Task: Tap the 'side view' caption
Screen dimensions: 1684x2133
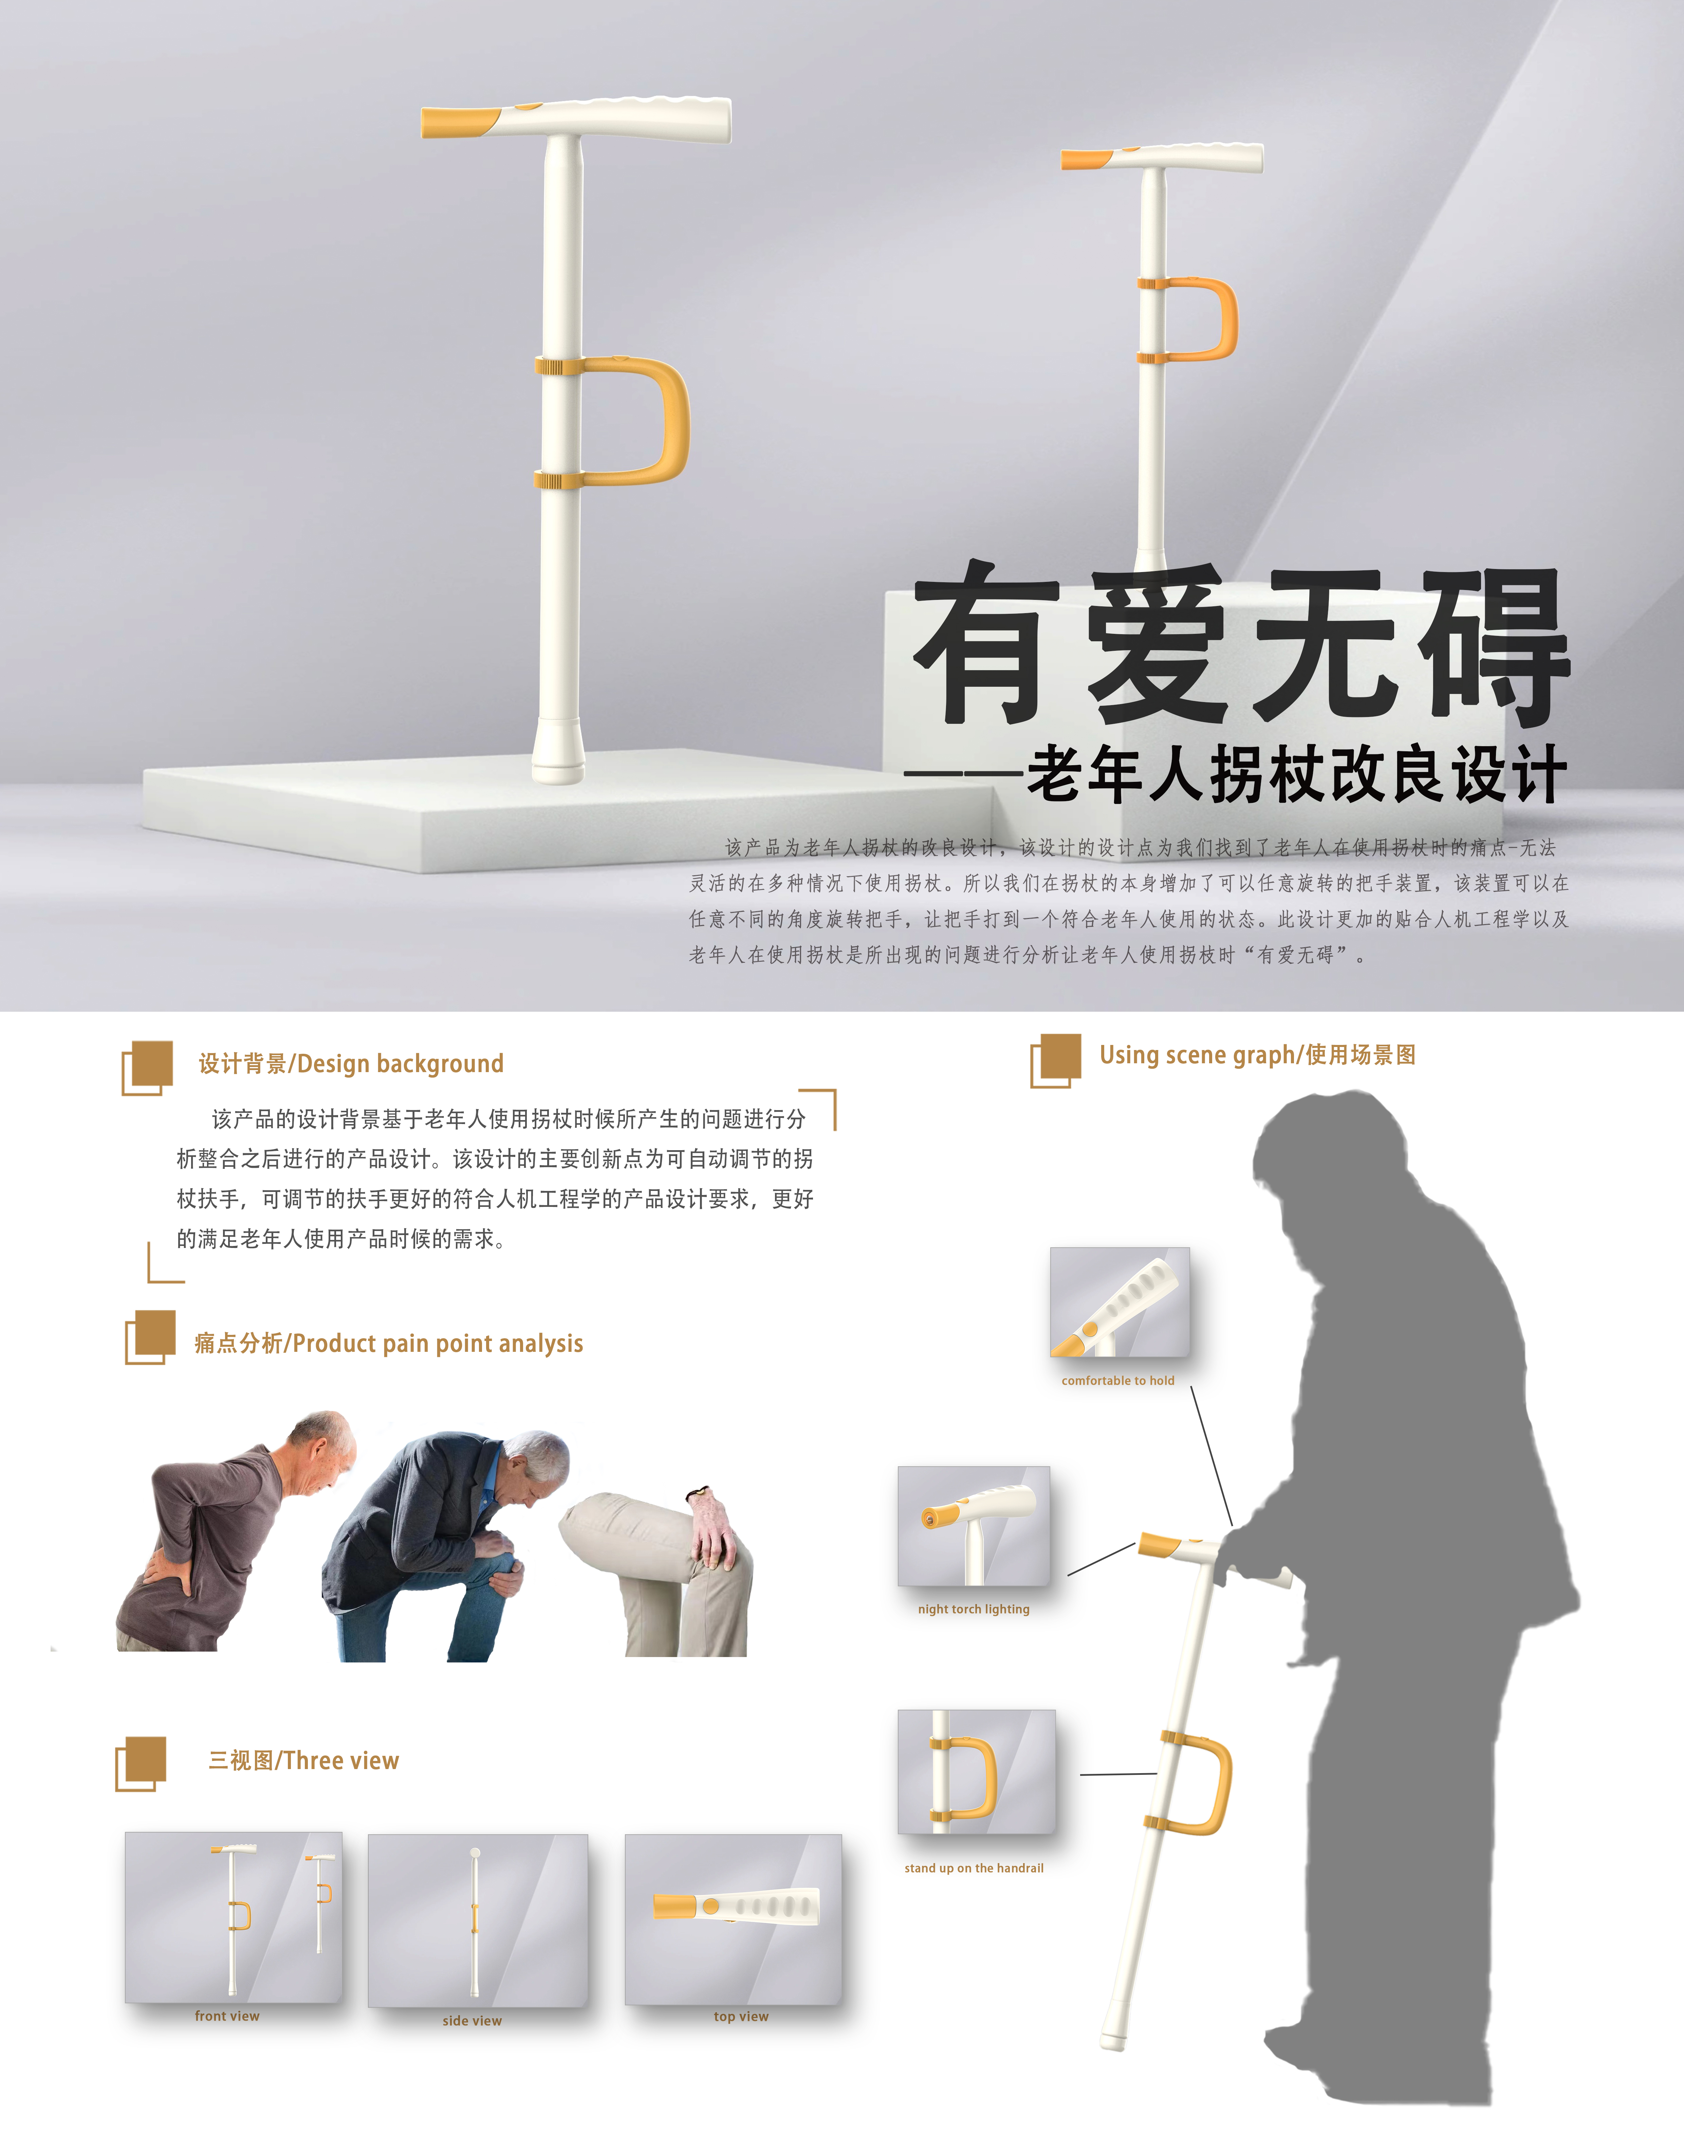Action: click(x=472, y=2021)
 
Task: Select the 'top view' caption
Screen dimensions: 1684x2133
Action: click(x=741, y=2016)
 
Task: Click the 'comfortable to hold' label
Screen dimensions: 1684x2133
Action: click(x=1118, y=1381)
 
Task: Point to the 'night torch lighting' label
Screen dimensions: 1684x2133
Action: click(x=974, y=1610)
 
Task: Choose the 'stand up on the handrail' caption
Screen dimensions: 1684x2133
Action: click(x=974, y=1868)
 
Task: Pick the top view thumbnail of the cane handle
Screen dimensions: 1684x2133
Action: click(x=734, y=1919)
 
